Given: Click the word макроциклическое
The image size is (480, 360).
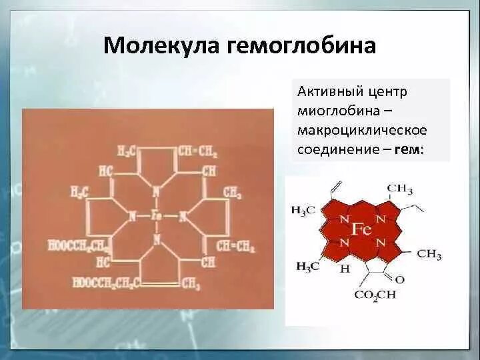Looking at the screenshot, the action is [362, 129].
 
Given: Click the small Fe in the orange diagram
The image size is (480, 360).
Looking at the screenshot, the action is [156, 215].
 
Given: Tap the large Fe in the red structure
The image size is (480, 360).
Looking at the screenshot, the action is [361, 230].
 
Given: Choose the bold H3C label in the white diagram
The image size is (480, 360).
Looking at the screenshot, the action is [307, 266].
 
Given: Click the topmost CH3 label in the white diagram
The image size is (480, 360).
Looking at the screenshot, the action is [400, 189].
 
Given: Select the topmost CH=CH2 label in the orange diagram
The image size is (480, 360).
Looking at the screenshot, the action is [198, 151].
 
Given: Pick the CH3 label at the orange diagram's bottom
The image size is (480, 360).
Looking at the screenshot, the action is [190, 284].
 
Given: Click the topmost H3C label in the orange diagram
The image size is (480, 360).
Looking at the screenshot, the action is [127, 151].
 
